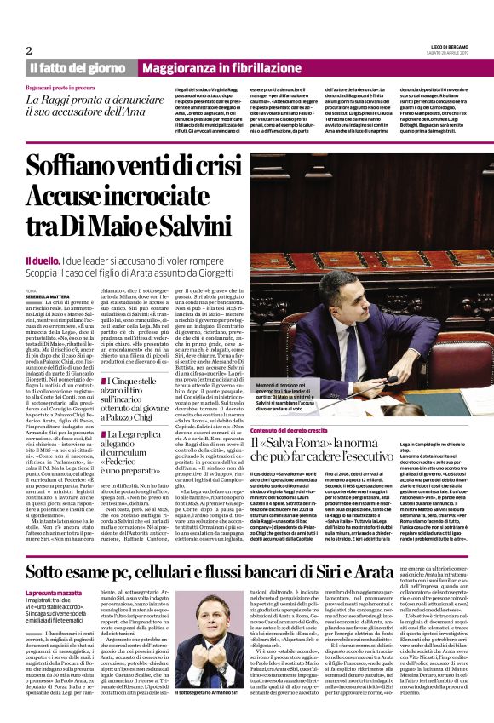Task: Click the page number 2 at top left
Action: click(x=29, y=50)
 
